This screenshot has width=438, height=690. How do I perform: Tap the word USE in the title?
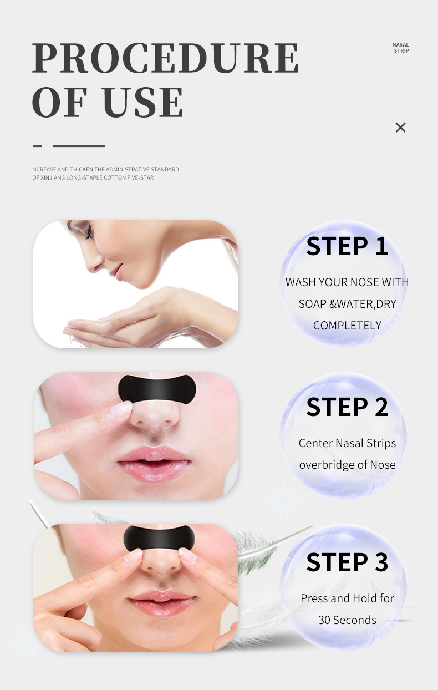(x=142, y=102)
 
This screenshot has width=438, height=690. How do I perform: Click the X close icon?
(x=400, y=127)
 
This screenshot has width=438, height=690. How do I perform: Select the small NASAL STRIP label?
(x=401, y=48)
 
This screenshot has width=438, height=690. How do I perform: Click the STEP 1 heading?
(x=347, y=246)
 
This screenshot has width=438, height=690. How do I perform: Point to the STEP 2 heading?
(x=347, y=407)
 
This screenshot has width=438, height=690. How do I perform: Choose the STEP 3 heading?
(x=347, y=562)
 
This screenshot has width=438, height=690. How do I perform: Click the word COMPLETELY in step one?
(x=347, y=326)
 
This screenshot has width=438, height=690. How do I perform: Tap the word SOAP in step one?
(x=312, y=304)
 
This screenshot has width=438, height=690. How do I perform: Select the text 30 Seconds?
(x=347, y=620)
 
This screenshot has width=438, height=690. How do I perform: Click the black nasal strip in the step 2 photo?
(x=157, y=389)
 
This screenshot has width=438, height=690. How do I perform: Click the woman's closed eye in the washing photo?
(x=89, y=231)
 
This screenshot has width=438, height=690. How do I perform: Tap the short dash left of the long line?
(x=37, y=146)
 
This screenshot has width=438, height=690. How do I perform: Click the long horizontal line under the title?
(x=79, y=146)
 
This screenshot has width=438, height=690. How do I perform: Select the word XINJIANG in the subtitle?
(x=53, y=177)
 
